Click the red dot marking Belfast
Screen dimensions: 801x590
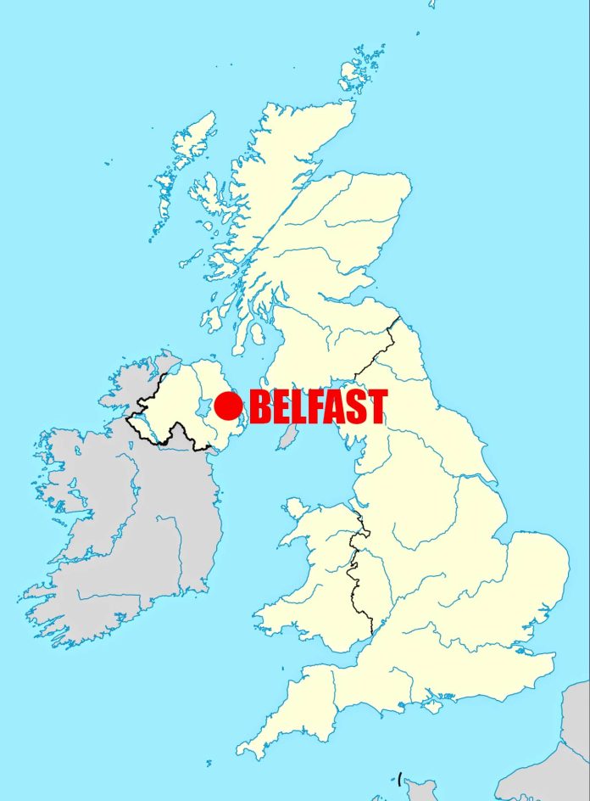[x=228, y=406]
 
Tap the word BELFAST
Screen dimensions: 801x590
[x=319, y=407]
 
